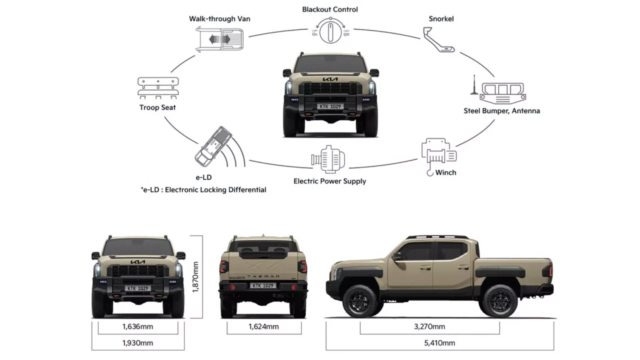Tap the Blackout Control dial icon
[x=330, y=31]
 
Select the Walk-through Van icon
[x=219, y=39]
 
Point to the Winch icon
[x=438, y=153]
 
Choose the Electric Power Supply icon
[x=328, y=159]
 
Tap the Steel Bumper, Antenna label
[x=501, y=111]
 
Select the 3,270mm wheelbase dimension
[x=429, y=327]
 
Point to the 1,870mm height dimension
[x=196, y=277]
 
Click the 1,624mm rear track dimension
[x=263, y=327]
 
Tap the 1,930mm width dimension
[x=137, y=343]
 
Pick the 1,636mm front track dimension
[x=137, y=327]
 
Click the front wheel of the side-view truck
[x=359, y=301]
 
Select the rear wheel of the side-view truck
[x=499, y=301]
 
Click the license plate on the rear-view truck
[x=263, y=285]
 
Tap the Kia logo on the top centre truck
[x=330, y=79]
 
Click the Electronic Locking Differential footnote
[x=203, y=190]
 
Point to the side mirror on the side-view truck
[x=396, y=256]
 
